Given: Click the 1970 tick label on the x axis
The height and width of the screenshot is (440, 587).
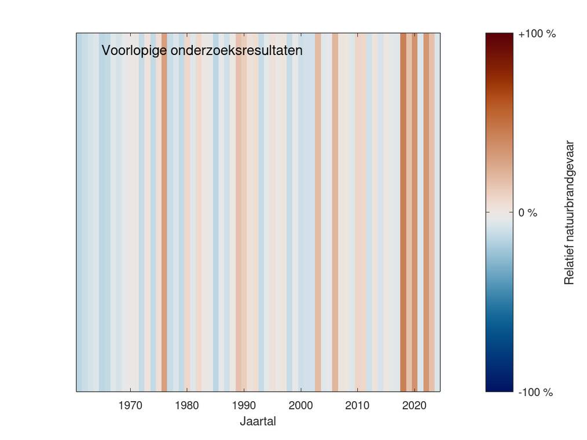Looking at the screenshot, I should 130,405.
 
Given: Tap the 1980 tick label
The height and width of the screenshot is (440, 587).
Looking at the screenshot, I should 187,405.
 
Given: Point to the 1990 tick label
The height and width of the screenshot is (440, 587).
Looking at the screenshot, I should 244,405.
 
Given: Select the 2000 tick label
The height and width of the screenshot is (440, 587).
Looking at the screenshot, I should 301,405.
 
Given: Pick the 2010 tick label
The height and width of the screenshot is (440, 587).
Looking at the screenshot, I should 357,405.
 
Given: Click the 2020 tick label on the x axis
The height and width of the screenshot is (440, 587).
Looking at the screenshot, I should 414,405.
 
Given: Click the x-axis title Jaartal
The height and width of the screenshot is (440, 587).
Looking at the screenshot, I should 258,421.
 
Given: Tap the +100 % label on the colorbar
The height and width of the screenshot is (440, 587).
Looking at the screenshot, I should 537,34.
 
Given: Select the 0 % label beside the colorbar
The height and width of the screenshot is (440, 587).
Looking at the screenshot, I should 527,212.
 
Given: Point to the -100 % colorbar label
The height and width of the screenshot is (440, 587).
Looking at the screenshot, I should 535,393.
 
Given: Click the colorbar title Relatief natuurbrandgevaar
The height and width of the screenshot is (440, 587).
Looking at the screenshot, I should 570,212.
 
